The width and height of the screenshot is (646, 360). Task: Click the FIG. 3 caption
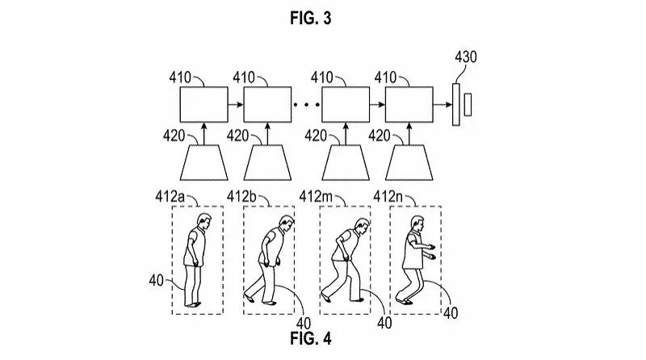[311, 18]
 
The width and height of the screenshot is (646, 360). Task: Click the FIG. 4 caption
[311, 338]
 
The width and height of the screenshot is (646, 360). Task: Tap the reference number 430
[466, 57]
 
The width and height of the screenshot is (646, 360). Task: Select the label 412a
[170, 196]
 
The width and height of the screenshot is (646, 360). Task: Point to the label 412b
[241, 196]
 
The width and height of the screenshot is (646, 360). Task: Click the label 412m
[316, 196]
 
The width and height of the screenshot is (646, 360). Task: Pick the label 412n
[388, 196]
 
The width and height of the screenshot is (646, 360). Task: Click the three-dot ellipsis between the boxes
[307, 105]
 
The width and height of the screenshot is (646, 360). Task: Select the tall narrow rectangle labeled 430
[456, 105]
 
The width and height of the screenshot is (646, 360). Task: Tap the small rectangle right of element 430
[468, 105]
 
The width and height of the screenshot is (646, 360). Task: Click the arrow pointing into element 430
[443, 105]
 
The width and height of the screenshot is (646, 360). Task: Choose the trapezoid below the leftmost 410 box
[204, 163]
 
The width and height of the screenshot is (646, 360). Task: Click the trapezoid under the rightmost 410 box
[409, 163]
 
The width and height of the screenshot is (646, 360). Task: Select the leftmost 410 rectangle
[204, 105]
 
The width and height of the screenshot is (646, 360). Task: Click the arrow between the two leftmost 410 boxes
[236, 105]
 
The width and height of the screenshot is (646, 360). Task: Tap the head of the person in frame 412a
[203, 221]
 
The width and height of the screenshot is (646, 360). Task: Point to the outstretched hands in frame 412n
[430, 252]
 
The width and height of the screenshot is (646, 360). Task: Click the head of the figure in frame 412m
[362, 226]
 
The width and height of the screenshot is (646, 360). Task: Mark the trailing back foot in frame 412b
[248, 295]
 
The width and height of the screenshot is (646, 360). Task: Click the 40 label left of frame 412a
[157, 281]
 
